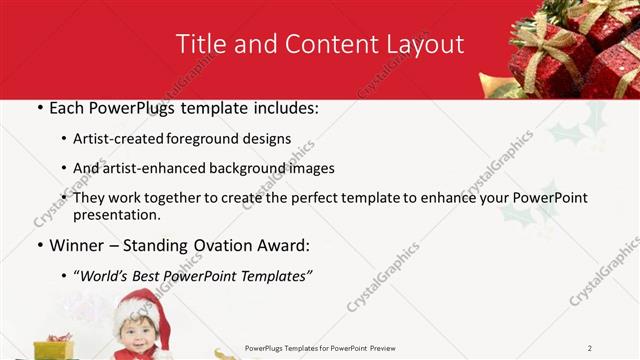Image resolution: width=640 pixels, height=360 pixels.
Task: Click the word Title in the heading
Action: pos(200,45)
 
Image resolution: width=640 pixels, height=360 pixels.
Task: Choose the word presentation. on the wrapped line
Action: pos(118,215)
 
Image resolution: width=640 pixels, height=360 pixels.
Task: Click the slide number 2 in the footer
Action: pos(590,348)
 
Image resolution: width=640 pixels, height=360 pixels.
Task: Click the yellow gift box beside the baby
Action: pos(54,349)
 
